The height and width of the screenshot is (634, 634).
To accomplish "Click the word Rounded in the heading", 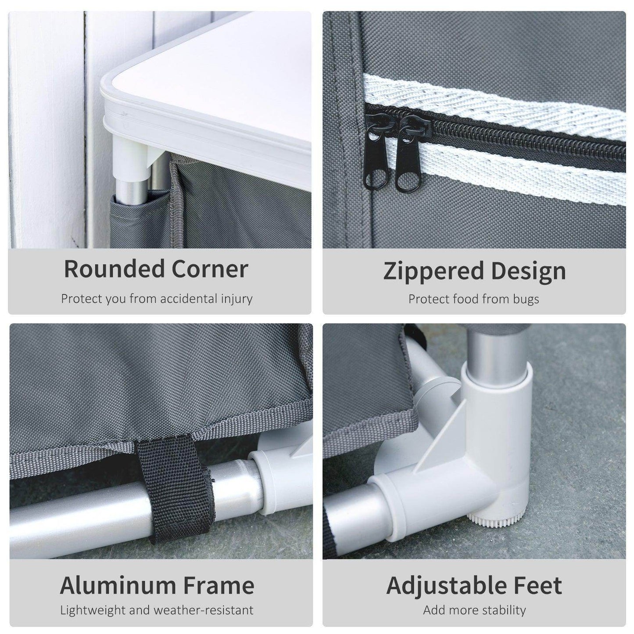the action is (114, 269).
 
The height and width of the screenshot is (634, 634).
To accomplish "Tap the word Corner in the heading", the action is (210, 269).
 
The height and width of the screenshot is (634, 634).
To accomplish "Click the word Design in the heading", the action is (528, 272).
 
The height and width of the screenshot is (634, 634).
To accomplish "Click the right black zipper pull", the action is (410, 153).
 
